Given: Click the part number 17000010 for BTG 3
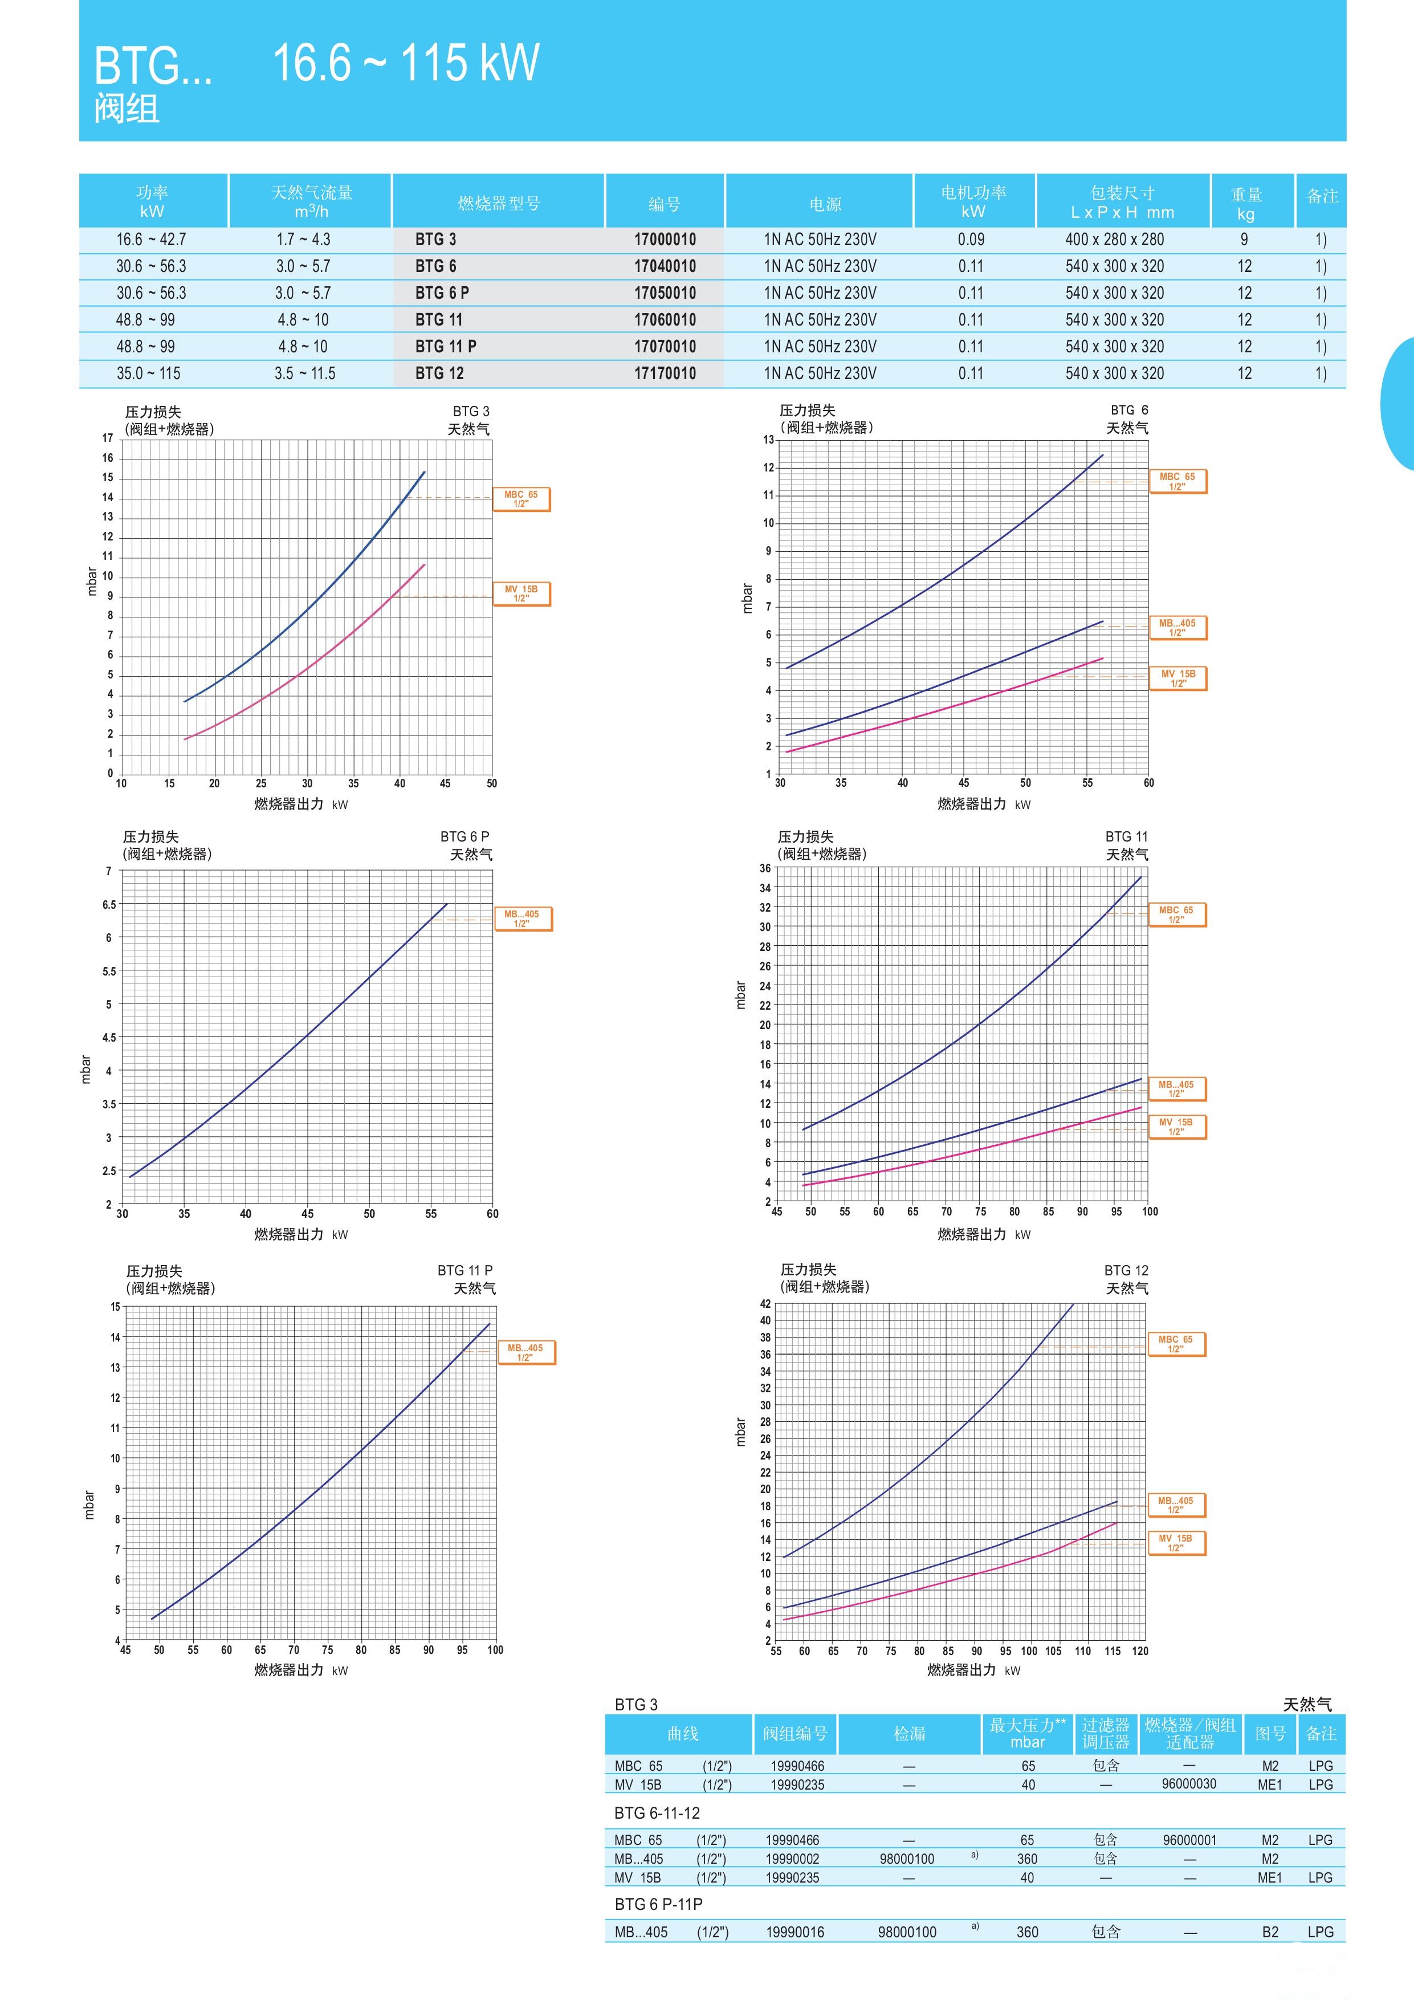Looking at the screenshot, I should pyautogui.click(x=665, y=239).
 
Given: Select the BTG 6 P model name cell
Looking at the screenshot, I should pyautogui.click(x=442, y=292).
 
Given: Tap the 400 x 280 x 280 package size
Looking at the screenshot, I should pyautogui.click(x=1114, y=239).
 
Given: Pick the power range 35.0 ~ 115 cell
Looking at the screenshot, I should pyautogui.click(x=149, y=373).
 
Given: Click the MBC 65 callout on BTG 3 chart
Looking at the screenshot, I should pyautogui.click(x=521, y=499).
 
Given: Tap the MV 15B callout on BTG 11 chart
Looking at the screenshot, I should pyautogui.click(x=1176, y=1127).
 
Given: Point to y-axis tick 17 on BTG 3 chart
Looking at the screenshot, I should pyautogui.click(x=107, y=438).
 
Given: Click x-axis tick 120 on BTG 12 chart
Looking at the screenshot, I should pyautogui.click(x=1140, y=1651).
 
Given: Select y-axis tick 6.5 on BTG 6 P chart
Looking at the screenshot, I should pyautogui.click(x=109, y=904).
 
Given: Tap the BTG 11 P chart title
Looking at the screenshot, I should pyautogui.click(x=465, y=1270).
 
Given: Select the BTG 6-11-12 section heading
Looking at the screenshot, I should pyautogui.click(x=657, y=1813).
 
